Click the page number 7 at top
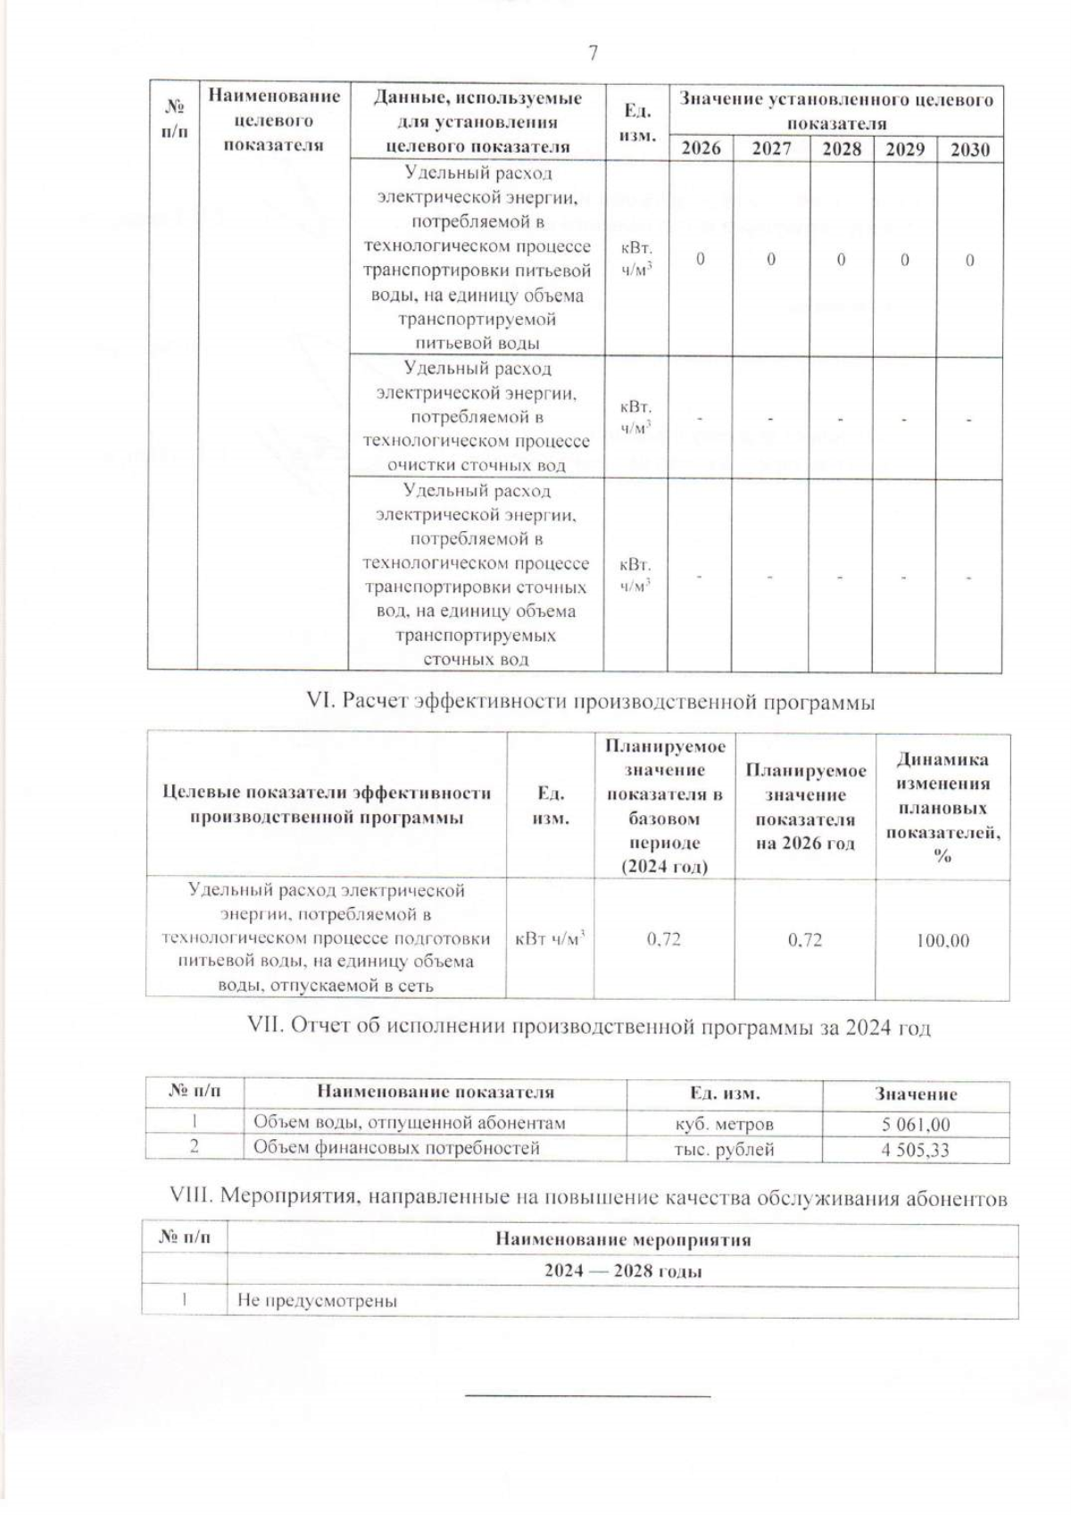(x=593, y=53)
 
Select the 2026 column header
(x=701, y=148)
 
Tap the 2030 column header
(x=969, y=149)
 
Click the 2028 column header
(x=841, y=148)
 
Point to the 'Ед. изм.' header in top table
(x=636, y=123)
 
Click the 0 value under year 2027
(x=771, y=260)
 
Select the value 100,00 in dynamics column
(x=942, y=940)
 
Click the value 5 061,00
(x=916, y=1124)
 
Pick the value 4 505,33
(x=916, y=1150)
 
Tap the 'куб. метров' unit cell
(x=724, y=1124)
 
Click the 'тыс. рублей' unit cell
(x=724, y=1150)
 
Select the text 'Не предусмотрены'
(x=317, y=1301)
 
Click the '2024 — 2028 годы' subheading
(x=623, y=1271)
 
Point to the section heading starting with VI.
(x=590, y=702)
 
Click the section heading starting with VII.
(x=588, y=1028)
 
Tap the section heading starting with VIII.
(x=588, y=1197)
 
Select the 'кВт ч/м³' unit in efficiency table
(x=551, y=939)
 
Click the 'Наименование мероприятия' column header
(x=623, y=1239)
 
